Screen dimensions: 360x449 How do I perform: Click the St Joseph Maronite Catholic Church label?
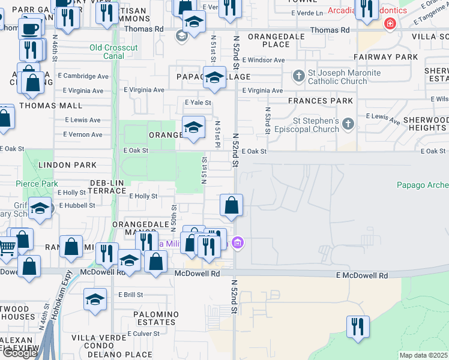coord(337,77)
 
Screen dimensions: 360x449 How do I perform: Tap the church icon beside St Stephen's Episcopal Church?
coord(349,124)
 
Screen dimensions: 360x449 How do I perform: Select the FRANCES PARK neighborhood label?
coord(321,101)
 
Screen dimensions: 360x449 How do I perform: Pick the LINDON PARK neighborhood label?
coord(67,164)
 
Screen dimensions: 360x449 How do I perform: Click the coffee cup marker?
coord(29,28)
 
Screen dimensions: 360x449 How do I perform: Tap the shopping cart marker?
coord(6,246)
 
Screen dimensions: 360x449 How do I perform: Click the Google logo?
coord(19,353)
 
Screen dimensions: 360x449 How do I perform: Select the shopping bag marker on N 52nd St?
coord(231,205)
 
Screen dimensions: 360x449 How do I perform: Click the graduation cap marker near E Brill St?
coord(95,299)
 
